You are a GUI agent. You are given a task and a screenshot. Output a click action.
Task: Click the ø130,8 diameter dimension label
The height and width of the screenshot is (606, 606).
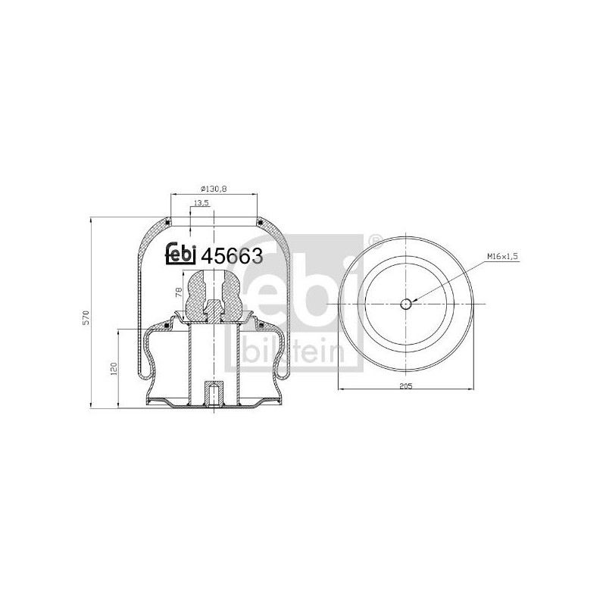(x=214, y=189)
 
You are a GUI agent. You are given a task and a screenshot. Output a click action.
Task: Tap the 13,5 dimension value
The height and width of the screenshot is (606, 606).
(x=201, y=202)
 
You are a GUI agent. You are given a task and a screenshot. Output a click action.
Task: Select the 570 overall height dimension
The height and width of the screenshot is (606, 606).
(x=86, y=317)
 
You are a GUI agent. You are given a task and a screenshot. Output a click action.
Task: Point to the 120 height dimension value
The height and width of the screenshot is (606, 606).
(x=114, y=369)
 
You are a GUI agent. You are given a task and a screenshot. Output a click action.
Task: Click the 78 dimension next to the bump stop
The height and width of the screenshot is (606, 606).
(x=179, y=292)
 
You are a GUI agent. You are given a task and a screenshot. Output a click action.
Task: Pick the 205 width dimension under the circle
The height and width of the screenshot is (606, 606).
(x=406, y=386)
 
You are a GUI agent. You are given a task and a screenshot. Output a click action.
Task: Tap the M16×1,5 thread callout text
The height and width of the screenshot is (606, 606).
(x=502, y=256)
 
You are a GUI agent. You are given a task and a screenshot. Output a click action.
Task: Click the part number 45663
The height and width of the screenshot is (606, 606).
(x=233, y=255)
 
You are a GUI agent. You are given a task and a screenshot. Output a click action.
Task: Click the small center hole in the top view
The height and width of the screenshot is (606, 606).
(x=406, y=305)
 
